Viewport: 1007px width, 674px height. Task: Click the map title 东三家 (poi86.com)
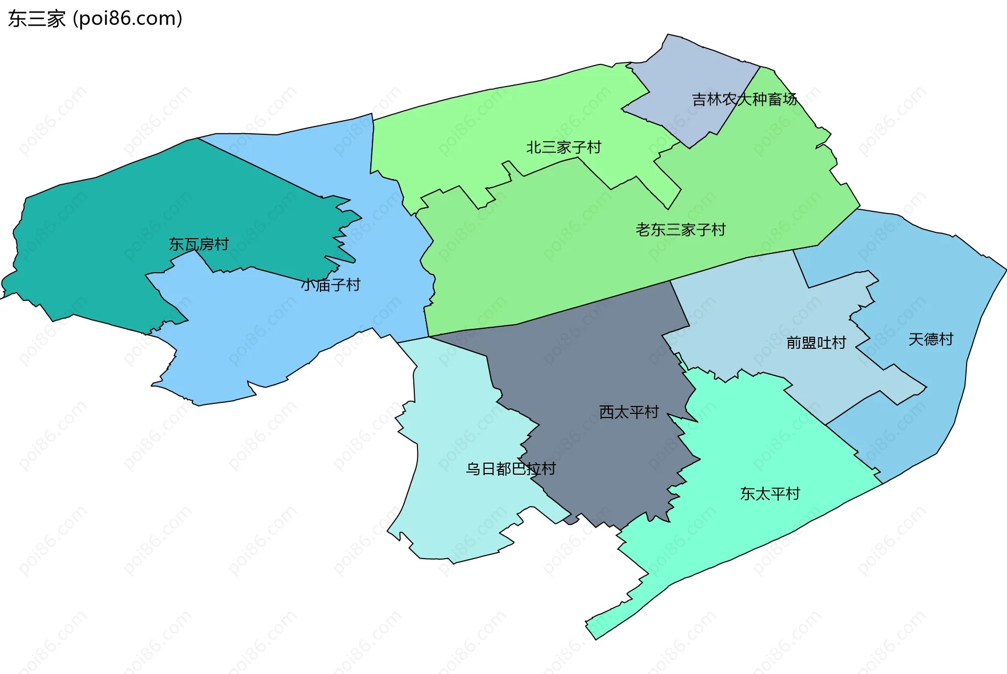click(x=95, y=18)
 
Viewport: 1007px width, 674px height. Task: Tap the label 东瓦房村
click(x=199, y=244)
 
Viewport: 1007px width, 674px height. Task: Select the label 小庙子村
click(x=331, y=285)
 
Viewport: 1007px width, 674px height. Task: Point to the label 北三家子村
click(x=564, y=147)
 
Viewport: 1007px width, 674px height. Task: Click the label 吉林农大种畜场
click(x=744, y=99)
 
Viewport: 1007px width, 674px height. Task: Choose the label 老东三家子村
click(x=681, y=230)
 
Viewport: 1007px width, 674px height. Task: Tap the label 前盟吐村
click(x=817, y=343)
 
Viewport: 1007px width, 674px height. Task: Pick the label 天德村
click(x=931, y=339)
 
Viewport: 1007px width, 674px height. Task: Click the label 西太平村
click(x=629, y=412)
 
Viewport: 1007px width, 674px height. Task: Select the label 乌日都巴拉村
click(x=511, y=468)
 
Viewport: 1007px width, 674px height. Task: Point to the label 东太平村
click(x=770, y=494)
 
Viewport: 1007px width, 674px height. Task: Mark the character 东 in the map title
click(x=17, y=19)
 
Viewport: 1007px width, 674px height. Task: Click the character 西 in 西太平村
click(x=607, y=412)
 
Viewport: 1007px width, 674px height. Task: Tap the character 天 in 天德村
click(x=916, y=339)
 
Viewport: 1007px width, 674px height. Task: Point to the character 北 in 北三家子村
click(x=534, y=147)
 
